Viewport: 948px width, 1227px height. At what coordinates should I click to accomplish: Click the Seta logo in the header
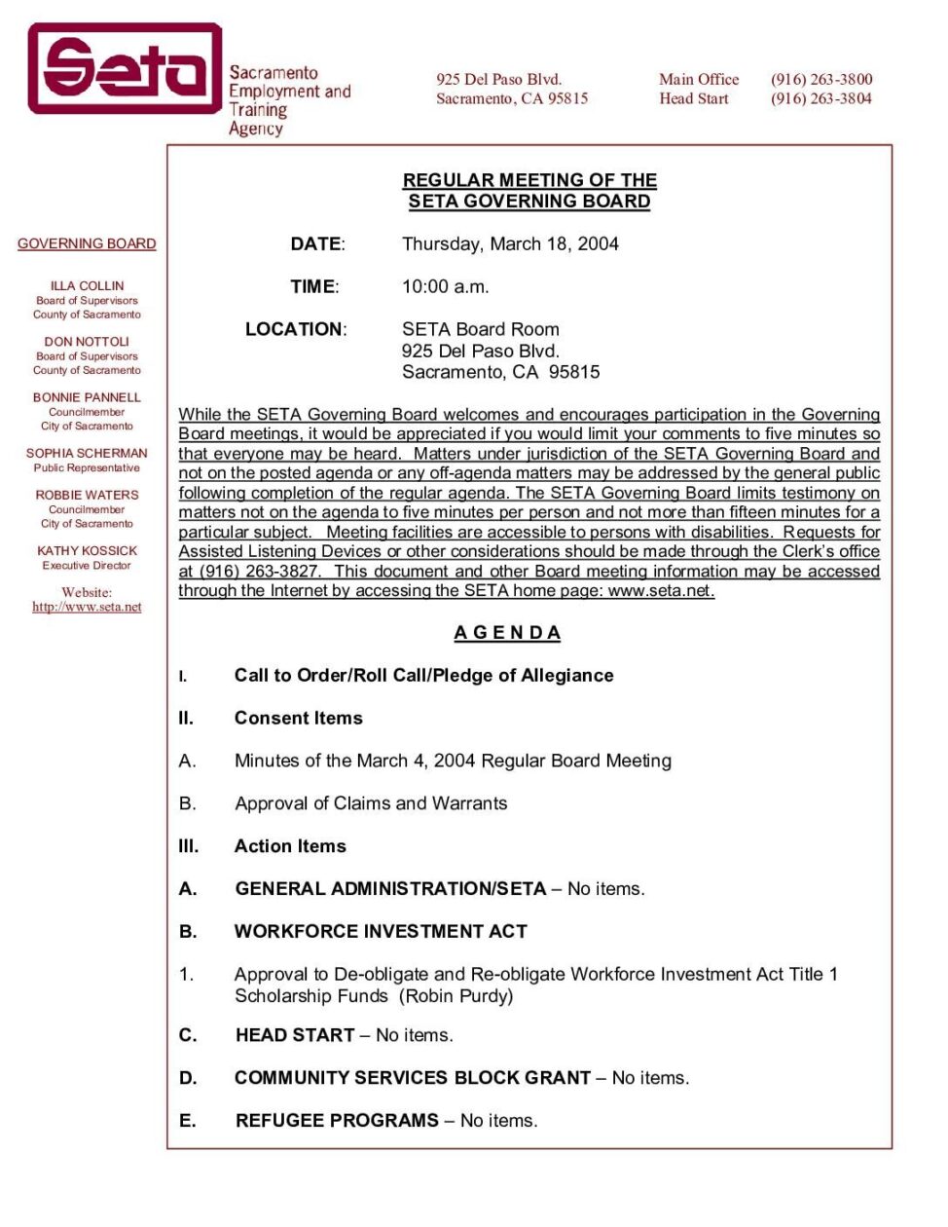125,69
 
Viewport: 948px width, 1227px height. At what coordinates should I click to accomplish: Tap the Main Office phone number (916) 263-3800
821,80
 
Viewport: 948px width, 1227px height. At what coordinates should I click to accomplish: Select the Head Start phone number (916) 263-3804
821,98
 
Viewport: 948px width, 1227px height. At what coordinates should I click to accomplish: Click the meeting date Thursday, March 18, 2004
510,244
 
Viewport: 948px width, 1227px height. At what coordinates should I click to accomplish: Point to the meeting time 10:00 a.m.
446,287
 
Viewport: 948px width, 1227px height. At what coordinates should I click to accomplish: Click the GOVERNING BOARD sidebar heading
87,244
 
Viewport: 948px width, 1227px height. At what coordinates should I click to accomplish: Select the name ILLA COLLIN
88,286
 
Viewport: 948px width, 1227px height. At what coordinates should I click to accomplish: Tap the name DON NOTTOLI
87,342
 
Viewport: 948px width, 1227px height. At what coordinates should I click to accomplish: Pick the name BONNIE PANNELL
87,397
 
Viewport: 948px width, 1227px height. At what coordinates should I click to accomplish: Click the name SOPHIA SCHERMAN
87,454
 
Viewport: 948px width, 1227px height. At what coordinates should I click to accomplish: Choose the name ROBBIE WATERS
87,496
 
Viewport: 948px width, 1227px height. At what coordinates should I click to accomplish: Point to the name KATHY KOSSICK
87,551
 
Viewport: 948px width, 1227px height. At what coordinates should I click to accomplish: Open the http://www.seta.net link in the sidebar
87,608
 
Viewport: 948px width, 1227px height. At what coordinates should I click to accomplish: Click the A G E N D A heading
507,633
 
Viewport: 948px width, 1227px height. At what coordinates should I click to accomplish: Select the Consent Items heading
298,719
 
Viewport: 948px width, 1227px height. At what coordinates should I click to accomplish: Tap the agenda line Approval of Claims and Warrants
371,803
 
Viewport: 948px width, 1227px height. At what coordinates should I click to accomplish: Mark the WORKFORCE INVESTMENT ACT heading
381,932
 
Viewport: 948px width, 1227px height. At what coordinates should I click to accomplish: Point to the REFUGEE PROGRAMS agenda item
337,1121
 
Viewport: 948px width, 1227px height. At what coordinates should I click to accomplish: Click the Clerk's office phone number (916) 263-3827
259,572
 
